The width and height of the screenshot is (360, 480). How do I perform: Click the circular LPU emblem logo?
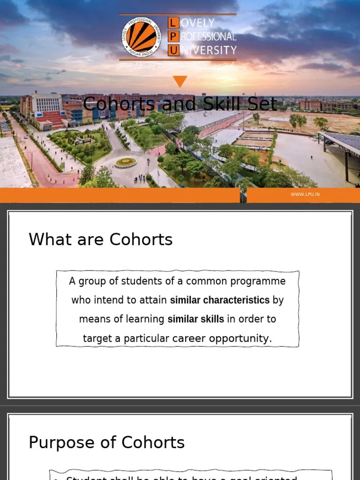click(142, 37)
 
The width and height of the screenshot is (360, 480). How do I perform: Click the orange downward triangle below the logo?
click(180, 82)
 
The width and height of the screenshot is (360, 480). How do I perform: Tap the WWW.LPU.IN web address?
click(305, 194)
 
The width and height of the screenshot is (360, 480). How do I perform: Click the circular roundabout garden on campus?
click(125, 162)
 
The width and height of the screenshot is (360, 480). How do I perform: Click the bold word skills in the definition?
click(213, 319)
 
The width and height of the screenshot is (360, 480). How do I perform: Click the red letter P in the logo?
click(173, 37)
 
